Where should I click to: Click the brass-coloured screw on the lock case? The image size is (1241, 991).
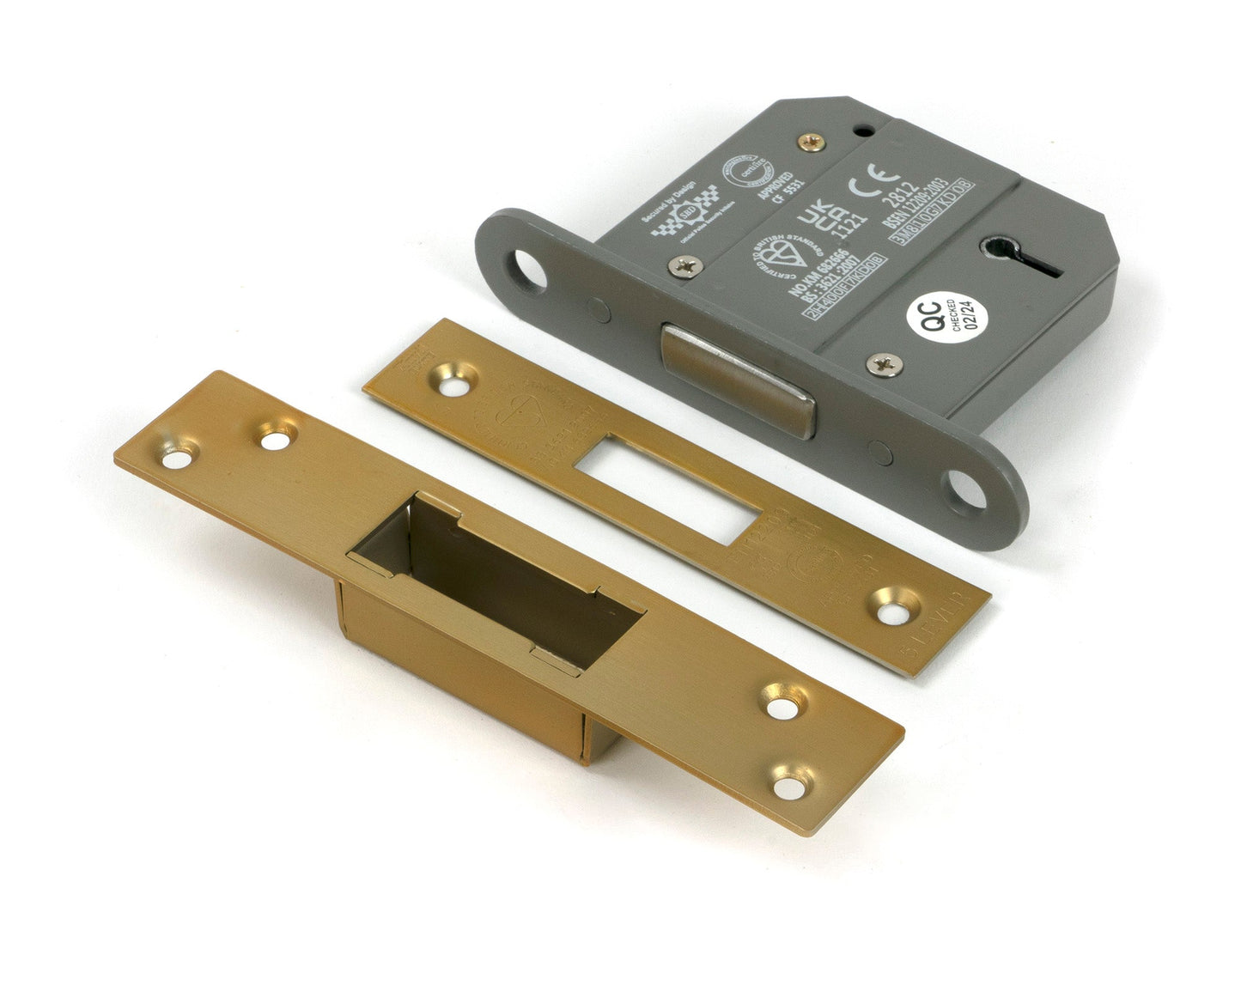(808, 143)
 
